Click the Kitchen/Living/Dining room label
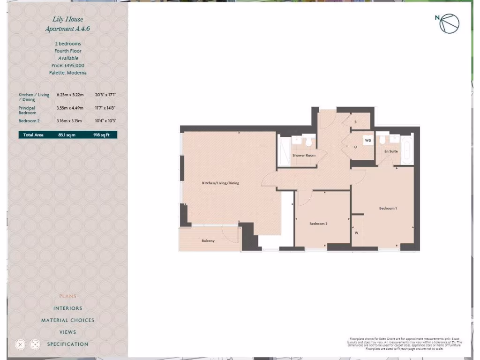click(x=220, y=183)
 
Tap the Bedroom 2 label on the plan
click(x=318, y=224)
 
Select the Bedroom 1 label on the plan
click(x=388, y=208)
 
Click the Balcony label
click(x=208, y=240)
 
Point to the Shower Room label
click(x=304, y=155)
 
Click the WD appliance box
click(x=368, y=140)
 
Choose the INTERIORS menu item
click(x=68, y=308)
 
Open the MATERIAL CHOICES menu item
click(x=68, y=320)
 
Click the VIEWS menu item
click(x=68, y=332)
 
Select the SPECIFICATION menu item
click(x=68, y=344)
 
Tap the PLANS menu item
click(x=68, y=296)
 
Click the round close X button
click(x=20, y=345)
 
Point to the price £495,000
click(x=68, y=66)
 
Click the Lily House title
click(x=68, y=20)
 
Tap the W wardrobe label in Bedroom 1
click(x=357, y=232)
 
